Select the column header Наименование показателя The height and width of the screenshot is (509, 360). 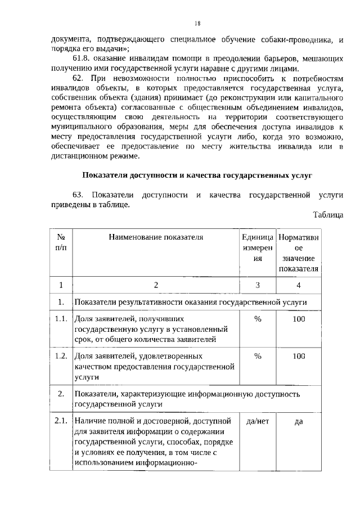[156, 237]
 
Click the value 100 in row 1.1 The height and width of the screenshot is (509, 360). [299, 319]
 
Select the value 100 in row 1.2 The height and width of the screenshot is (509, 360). [299, 356]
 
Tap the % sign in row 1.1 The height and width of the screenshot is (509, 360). [258, 319]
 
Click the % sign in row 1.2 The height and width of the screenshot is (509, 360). [258, 356]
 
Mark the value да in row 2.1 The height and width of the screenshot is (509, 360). [299, 421]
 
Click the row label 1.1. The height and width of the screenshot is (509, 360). [61, 319]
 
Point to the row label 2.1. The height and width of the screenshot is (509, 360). [61, 421]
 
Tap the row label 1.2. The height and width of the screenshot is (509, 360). [61, 356]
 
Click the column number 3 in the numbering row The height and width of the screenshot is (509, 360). [258, 285]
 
